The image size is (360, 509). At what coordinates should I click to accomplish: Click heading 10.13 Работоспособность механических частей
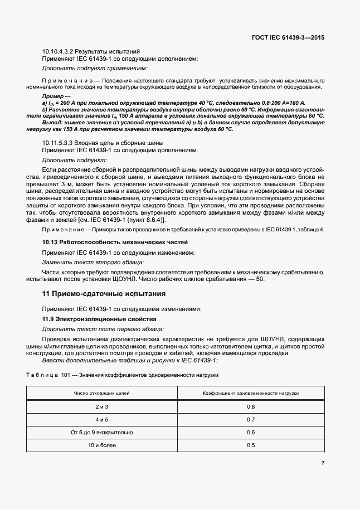point(116,243)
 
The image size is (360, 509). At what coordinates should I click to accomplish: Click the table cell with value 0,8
point(250,407)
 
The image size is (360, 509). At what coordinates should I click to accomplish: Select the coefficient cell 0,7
point(250,419)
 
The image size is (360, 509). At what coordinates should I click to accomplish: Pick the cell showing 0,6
point(250,432)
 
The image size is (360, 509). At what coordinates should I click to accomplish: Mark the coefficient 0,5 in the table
point(250,445)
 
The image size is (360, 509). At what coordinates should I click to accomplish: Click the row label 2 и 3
point(102,407)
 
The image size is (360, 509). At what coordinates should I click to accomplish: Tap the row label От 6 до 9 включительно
point(102,432)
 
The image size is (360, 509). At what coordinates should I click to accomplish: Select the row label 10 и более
point(102,445)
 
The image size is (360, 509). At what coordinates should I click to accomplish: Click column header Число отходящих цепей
point(102,393)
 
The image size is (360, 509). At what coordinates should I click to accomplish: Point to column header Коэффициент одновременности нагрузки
point(250,393)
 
